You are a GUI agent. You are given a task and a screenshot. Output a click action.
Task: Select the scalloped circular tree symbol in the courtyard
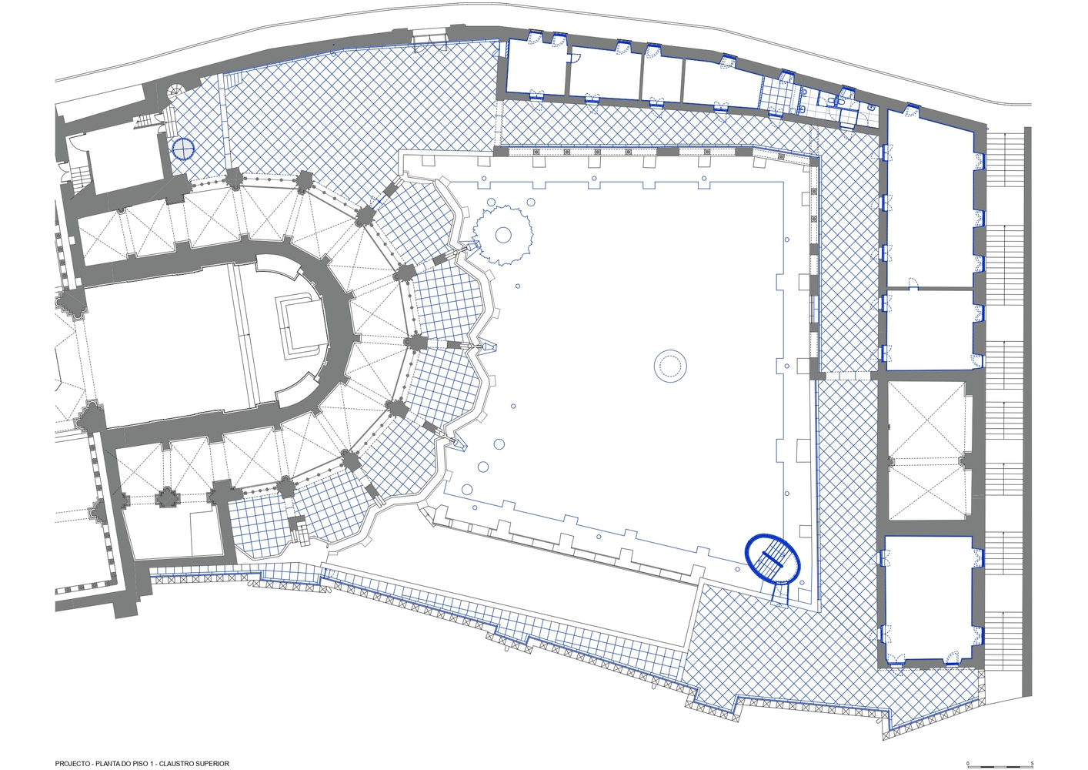pyautogui.click(x=502, y=236)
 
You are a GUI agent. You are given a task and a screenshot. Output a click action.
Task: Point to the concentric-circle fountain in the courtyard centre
pyautogui.click(x=669, y=366)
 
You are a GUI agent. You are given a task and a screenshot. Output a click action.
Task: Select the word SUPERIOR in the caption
pyautogui.click(x=212, y=764)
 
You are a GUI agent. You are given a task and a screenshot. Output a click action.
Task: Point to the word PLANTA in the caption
pyautogui.click(x=107, y=764)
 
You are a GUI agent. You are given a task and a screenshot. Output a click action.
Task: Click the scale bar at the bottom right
pyautogui.click(x=1000, y=767)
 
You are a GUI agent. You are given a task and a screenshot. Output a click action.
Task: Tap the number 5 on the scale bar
pyautogui.click(x=1032, y=763)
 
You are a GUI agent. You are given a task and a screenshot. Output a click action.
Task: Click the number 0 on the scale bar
pyautogui.click(x=967, y=763)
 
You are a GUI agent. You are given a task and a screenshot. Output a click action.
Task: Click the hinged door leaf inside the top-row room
pyautogui.click(x=576, y=59)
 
